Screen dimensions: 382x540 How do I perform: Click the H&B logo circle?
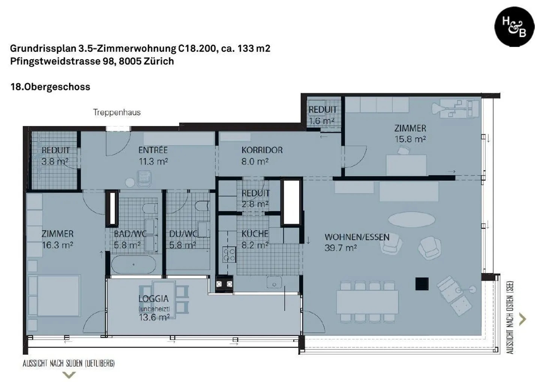point(514,26)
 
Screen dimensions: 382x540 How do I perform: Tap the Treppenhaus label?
point(117,112)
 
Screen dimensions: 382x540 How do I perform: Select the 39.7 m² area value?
point(340,248)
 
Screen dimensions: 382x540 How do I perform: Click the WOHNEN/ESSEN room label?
point(357,237)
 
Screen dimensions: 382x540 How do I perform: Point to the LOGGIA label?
point(153,299)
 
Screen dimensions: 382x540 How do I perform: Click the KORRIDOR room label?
point(262,150)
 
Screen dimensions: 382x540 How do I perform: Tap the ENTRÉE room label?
point(153,150)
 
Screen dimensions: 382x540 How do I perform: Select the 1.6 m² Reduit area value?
point(321,121)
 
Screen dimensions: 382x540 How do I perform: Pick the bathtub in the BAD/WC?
point(133,265)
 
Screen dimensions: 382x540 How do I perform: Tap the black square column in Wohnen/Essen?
point(422,284)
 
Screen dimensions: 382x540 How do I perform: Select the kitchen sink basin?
point(274,282)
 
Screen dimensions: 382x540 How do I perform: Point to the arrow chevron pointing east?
point(522,319)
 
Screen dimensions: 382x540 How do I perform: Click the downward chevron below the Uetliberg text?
point(69,375)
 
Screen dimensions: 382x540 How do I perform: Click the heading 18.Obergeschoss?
point(50,87)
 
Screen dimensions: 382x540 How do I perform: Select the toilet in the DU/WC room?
point(202,207)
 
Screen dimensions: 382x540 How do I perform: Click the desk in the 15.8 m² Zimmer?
point(406,165)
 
